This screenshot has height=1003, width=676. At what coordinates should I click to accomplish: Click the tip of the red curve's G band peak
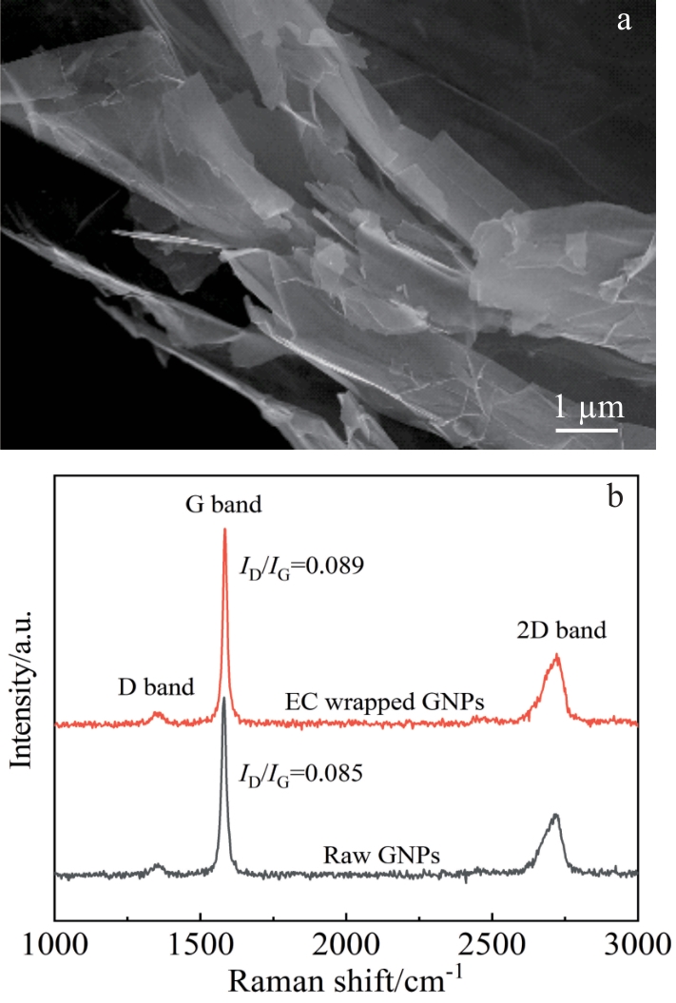point(224,529)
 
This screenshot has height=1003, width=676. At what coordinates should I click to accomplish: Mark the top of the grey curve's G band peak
point(223,698)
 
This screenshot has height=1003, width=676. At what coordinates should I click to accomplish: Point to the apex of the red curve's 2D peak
point(557,654)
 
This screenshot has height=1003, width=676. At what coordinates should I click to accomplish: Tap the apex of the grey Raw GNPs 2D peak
point(556,815)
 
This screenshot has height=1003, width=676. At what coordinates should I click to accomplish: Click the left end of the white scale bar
point(556,430)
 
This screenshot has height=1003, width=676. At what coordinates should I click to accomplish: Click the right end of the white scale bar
point(618,430)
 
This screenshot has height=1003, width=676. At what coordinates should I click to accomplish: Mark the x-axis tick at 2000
point(347,916)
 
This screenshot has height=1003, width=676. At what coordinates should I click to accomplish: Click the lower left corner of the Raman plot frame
point(56,920)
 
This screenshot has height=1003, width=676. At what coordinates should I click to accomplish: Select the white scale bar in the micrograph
point(587,430)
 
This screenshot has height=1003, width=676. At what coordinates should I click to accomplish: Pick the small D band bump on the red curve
point(157,713)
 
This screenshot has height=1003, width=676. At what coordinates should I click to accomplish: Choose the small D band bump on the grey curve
point(157,866)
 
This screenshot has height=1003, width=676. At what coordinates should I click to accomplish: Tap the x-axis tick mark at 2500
point(493,916)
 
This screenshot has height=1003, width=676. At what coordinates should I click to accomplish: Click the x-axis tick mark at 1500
point(201,916)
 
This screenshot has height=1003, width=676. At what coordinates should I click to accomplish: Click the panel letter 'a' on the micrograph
point(624,21)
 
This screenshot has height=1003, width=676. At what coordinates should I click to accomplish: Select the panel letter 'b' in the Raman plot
point(614,495)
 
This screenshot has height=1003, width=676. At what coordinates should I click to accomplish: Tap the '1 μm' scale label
point(589,408)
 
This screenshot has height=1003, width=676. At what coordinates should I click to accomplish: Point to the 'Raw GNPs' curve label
point(382,856)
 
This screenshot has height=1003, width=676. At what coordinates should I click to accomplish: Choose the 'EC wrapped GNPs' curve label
point(384,702)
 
